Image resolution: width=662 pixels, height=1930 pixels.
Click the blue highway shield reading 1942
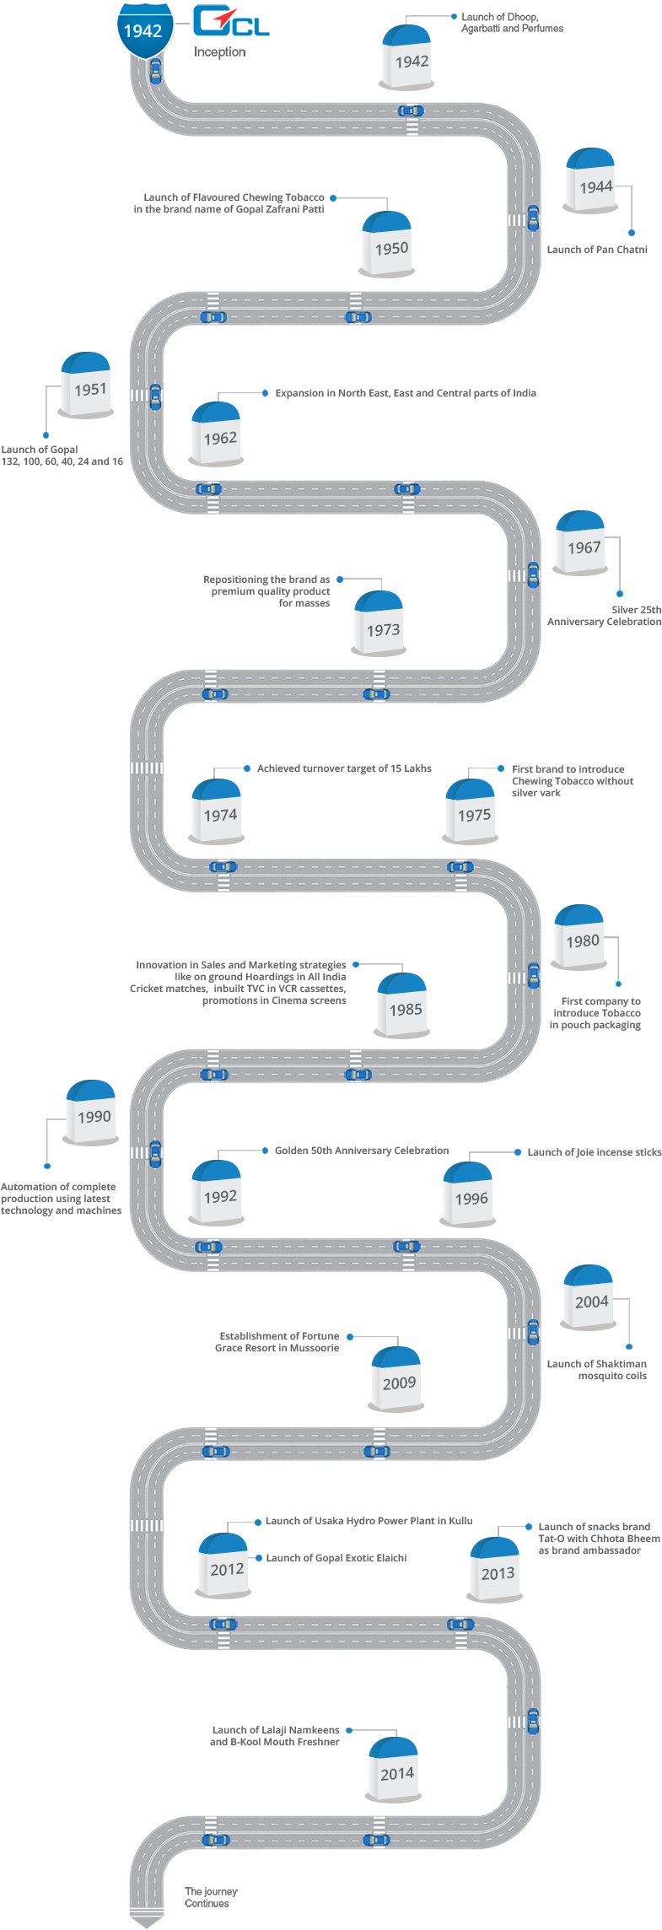[x=143, y=30]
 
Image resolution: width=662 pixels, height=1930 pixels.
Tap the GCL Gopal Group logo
[x=230, y=27]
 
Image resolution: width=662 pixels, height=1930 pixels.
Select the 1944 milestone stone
[x=591, y=181]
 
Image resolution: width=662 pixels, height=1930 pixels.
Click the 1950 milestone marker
[x=388, y=244]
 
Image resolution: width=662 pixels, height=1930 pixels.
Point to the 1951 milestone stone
[x=86, y=385]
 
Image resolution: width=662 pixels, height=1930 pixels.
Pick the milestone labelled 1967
[x=581, y=542]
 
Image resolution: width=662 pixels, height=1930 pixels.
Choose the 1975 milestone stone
[x=471, y=811]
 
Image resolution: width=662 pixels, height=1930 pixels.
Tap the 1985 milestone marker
[x=403, y=1005]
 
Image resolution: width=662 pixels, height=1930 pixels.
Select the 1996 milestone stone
[x=468, y=1194]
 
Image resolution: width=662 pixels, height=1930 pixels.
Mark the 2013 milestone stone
[x=495, y=1569]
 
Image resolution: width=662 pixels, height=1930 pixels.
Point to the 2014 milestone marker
[x=395, y=1770]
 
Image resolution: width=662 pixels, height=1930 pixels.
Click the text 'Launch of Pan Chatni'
[x=597, y=250]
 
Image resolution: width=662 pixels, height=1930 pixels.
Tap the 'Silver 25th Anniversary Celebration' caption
[x=605, y=616]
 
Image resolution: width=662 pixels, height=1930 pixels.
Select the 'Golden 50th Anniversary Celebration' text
[x=362, y=1151]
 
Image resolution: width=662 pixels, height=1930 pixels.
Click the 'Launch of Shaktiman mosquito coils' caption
[x=597, y=1370]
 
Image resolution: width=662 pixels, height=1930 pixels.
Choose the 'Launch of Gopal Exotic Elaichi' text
[x=336, y=1558]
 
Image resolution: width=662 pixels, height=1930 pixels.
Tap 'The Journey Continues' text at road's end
[x=211, y=1897]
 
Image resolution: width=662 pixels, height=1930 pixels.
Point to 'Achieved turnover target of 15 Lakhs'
[x=344, y=768]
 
